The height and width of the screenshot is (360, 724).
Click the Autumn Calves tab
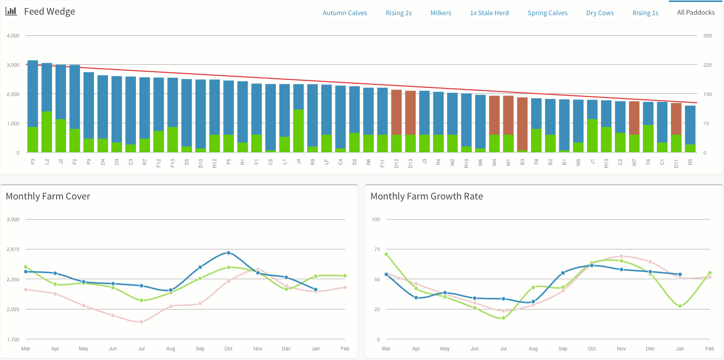345,13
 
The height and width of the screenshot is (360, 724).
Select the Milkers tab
441,13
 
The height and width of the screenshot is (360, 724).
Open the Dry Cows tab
600,13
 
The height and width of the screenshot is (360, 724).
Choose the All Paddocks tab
696,12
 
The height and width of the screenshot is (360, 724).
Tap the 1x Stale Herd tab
489,13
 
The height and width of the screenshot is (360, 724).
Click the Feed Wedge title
50,12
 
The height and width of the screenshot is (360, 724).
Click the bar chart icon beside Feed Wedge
11,11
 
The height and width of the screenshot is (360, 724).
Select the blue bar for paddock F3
33,93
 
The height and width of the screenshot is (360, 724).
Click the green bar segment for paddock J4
299,131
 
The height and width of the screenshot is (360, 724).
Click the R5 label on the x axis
690,162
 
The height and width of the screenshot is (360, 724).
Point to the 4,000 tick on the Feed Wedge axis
13,36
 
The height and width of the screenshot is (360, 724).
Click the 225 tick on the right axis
707,65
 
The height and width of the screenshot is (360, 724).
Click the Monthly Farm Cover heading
48,196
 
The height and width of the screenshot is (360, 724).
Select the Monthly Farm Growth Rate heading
426,196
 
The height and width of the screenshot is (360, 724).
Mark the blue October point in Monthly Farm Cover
228,252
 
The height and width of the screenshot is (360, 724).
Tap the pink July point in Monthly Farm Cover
141,322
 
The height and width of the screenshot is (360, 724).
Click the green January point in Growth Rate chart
680,306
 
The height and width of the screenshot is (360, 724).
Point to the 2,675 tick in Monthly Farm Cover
13,249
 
